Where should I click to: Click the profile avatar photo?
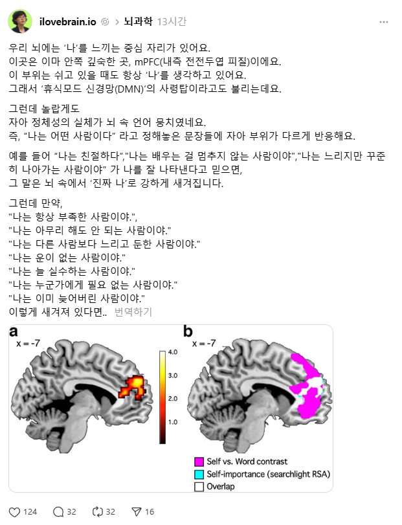click(20, 21)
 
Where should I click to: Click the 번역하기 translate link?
click(133, 311)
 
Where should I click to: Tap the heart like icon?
click(15, 511)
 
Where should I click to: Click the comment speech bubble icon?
click(58, 511)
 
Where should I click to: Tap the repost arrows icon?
click(98, 511)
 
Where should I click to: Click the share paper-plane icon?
click(136, 511)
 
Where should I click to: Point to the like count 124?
click(30, 511)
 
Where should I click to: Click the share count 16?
click(150, 511)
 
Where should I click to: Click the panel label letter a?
click(15, 332)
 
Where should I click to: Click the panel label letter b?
click(188, 332)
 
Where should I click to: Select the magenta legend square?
click(199, 462)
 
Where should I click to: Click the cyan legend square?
click(199, 474)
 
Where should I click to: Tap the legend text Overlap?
click(221, 486)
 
